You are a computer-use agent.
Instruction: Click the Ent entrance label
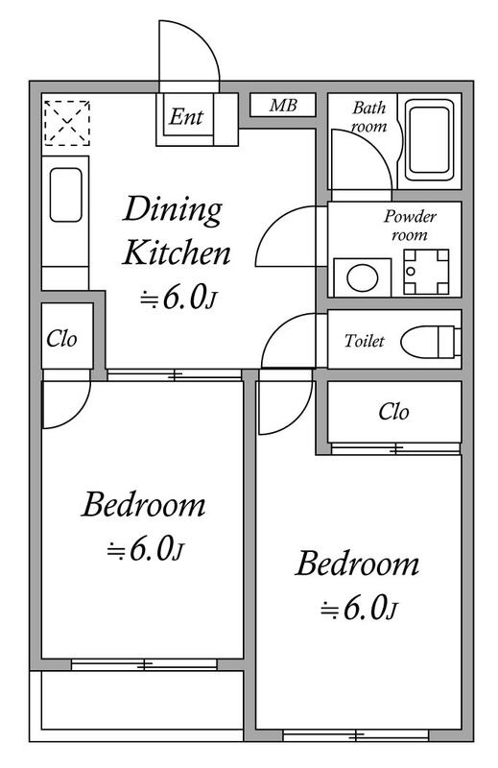tap(185, 116)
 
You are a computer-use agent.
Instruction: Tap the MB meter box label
tap(283, 105)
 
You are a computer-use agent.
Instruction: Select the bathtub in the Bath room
tap(430, 140)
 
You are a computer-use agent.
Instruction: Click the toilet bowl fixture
tap(431, 340)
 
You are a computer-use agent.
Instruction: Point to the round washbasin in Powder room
tap(363, 277)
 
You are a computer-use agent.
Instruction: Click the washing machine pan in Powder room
tap(426, 272)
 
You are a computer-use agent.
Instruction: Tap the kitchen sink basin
tap(65, 195)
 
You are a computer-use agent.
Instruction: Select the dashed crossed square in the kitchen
tap(67, 123)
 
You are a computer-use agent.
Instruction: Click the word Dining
tap(173, 210)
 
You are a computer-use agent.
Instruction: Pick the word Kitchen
tap(177, 252)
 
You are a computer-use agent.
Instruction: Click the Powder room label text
tap(410, 226)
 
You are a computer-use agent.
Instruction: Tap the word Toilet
tap(364, 341)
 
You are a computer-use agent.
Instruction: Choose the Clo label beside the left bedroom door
tap(61, 339)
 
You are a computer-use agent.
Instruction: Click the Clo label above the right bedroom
tap(393, 412)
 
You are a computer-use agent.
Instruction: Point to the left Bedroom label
tap(144, 505)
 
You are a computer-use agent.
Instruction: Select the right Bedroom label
tap(357, 564)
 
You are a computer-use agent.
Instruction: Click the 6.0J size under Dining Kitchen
tap(178, 298)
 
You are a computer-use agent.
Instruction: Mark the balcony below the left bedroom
tap(136, 706)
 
